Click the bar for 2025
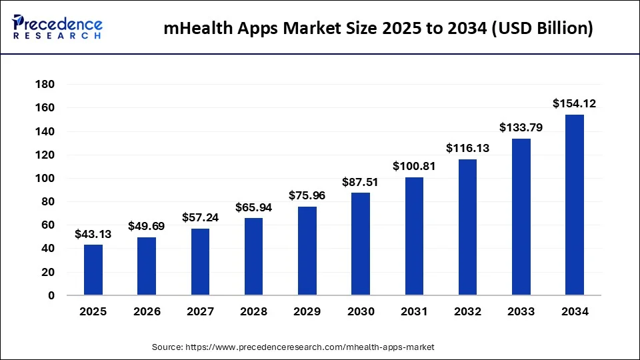pos(93,270)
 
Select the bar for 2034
pos(574,205)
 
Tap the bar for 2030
pos(361,244)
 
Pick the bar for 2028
pos(254,257)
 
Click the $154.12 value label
pos(574,103)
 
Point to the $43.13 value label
pos(93,233)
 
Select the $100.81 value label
pos(414,166)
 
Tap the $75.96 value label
pos(307,195)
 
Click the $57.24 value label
pos(201,217)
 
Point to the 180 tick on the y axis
pos(45,85)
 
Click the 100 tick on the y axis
pos(45,178)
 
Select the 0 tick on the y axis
pos(50,295)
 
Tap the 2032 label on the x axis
pos(467,311)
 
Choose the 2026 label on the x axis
pos(147,311)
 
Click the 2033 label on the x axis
pos(521,311)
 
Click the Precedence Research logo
pos(57,27)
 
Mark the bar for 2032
pos(467,227)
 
